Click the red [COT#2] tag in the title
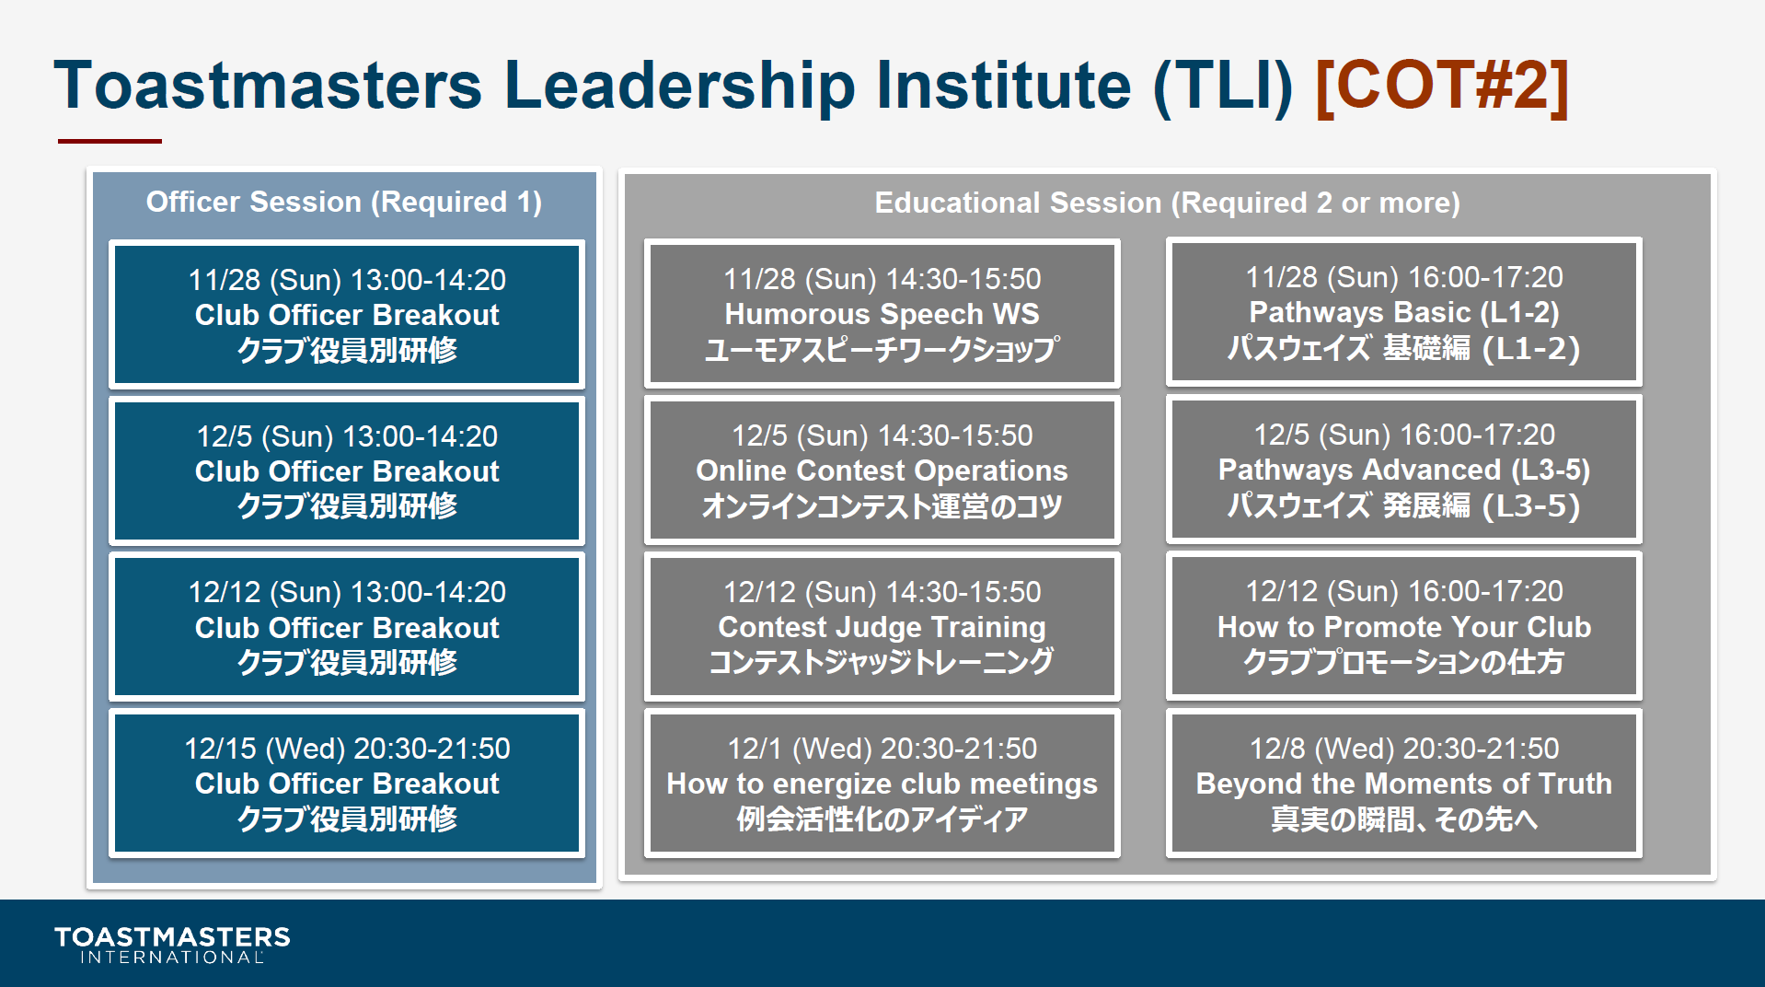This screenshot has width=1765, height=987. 1442,86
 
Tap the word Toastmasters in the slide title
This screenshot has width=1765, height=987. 268,86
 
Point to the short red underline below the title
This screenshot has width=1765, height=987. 110,141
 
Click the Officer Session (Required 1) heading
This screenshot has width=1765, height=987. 344,202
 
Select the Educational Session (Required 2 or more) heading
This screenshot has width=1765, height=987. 1167,203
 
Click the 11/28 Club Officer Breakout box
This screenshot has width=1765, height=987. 347,314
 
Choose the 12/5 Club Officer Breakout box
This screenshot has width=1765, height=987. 347,470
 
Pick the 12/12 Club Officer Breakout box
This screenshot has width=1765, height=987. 347,627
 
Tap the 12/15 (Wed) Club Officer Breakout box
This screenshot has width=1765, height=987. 347,784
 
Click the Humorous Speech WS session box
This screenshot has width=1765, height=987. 882,313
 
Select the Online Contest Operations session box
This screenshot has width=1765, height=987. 882,470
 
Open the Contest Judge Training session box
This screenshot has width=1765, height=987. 882,626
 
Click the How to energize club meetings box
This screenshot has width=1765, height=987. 882,783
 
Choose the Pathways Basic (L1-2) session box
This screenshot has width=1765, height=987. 1404,312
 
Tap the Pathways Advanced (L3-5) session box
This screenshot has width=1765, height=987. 1404,469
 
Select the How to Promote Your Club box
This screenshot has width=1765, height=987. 1404,626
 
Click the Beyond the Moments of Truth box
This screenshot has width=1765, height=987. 1404,783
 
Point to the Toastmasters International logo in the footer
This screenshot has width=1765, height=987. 172,945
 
